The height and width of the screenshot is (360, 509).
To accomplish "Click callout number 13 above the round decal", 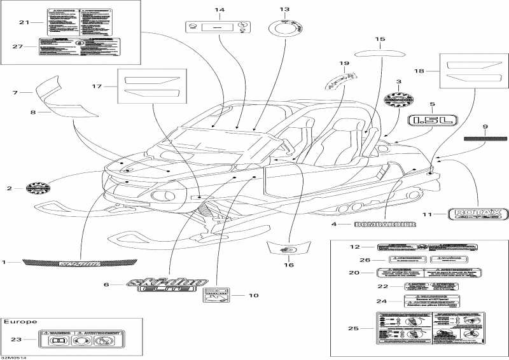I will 284,10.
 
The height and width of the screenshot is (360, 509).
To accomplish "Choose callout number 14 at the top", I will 220,10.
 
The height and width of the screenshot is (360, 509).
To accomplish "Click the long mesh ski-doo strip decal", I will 79,262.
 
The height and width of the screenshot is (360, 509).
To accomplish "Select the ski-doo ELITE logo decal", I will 160,284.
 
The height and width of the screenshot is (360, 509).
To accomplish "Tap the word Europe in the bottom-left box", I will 20,322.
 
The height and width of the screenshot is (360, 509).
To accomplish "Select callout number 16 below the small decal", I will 288,265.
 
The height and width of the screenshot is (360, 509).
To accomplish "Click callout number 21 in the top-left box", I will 24,23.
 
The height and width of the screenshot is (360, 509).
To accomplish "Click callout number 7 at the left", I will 14,93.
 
